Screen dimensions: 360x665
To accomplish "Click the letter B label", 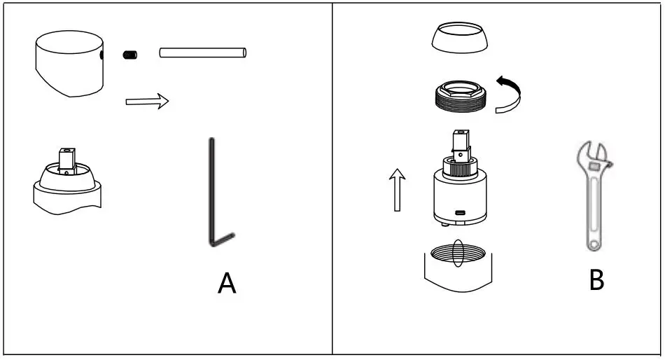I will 596,280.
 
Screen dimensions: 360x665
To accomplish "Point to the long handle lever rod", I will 203,53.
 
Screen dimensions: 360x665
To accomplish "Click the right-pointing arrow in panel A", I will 147,102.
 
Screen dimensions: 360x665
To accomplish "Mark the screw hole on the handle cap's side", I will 102,54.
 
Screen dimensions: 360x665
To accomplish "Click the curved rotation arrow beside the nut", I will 510,95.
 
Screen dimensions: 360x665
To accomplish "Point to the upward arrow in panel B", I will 397,188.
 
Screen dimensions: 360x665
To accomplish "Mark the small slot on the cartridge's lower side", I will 461,213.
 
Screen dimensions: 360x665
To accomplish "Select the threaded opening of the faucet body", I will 459,254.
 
